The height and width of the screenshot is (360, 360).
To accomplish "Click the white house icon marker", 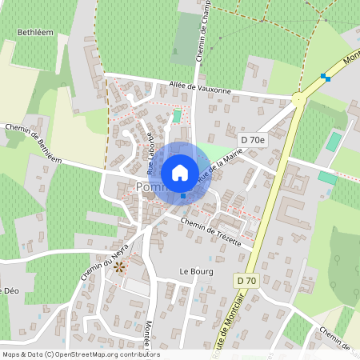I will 180,172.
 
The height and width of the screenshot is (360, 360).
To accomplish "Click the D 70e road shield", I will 251,140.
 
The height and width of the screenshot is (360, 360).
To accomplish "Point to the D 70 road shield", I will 247,281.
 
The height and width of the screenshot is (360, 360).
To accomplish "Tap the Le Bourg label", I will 194,271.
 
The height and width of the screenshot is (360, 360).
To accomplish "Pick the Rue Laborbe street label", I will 150,153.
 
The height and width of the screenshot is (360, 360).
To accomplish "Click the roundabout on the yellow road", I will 298,100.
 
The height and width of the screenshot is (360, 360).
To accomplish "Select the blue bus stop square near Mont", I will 325,77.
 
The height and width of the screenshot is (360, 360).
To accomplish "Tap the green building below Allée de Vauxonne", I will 177,117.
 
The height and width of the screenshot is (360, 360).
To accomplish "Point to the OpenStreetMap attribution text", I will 80,354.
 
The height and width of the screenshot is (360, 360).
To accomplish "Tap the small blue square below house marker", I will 183,196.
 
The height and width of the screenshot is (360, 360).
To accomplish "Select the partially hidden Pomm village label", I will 148,187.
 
